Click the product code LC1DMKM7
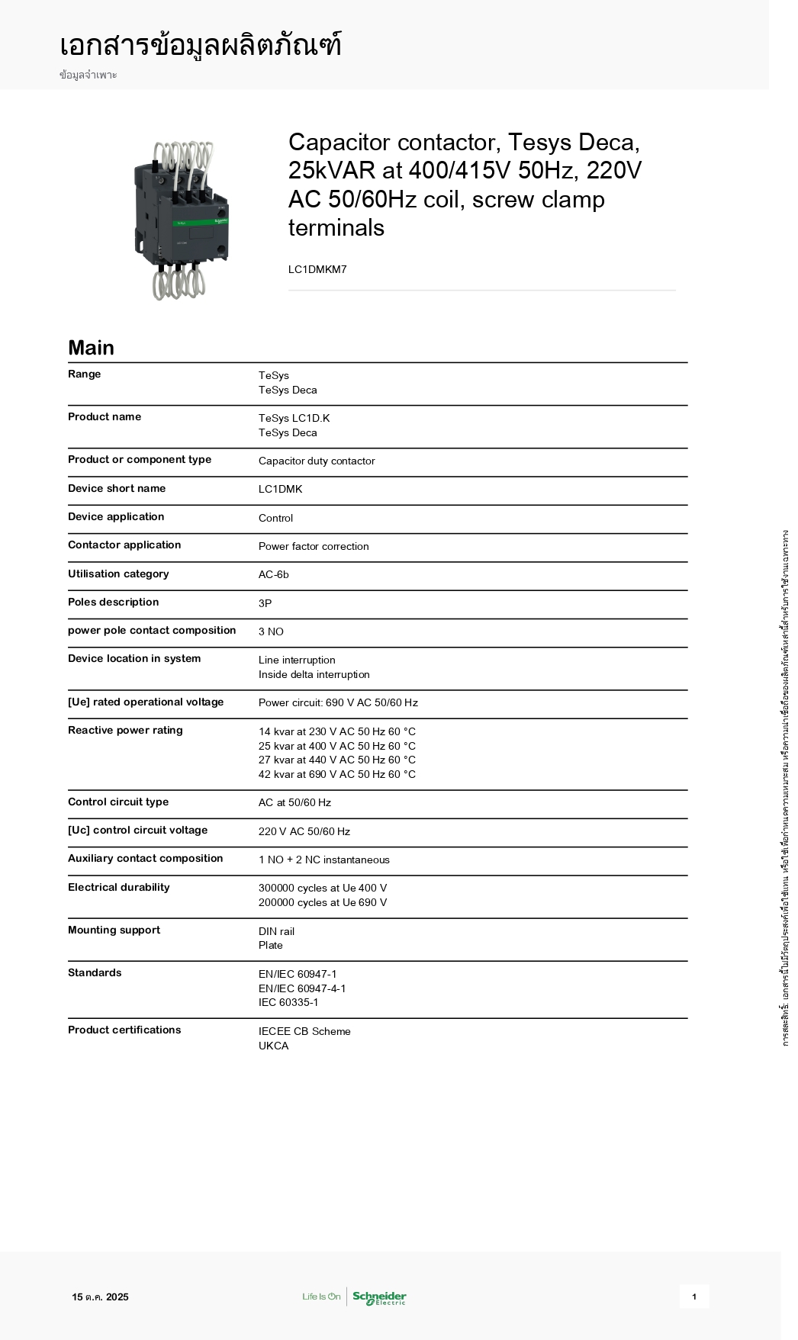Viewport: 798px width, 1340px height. point(317,269)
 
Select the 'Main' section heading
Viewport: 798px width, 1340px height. point(91,348)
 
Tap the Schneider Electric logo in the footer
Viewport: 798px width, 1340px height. point(378,1297)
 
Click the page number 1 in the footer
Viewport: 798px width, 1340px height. point(693,1297)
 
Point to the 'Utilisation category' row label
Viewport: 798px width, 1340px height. point(118,574)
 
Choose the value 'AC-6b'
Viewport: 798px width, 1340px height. point(274,574)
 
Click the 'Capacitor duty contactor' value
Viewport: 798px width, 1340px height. point(317,461)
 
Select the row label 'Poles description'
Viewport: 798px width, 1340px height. point(113,602)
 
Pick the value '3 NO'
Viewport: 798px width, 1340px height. point(271,631)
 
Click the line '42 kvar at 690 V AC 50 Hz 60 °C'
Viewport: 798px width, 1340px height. point(337,774)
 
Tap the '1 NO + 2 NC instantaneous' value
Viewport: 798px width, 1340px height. point(323,860)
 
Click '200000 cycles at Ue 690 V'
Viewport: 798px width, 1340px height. point(323,902)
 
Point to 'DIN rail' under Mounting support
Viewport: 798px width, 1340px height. point(276,931)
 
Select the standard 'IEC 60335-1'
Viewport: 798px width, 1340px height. point(288,1002)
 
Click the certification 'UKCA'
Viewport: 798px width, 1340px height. point(274,1046)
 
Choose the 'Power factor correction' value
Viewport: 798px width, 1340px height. point(314,546)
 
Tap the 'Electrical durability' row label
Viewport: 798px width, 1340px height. point(119,887)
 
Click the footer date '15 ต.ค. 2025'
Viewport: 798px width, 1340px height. point(101,1297)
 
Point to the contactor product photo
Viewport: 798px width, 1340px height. point(182,220)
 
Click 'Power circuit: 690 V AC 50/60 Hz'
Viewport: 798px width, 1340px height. point(338,702)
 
